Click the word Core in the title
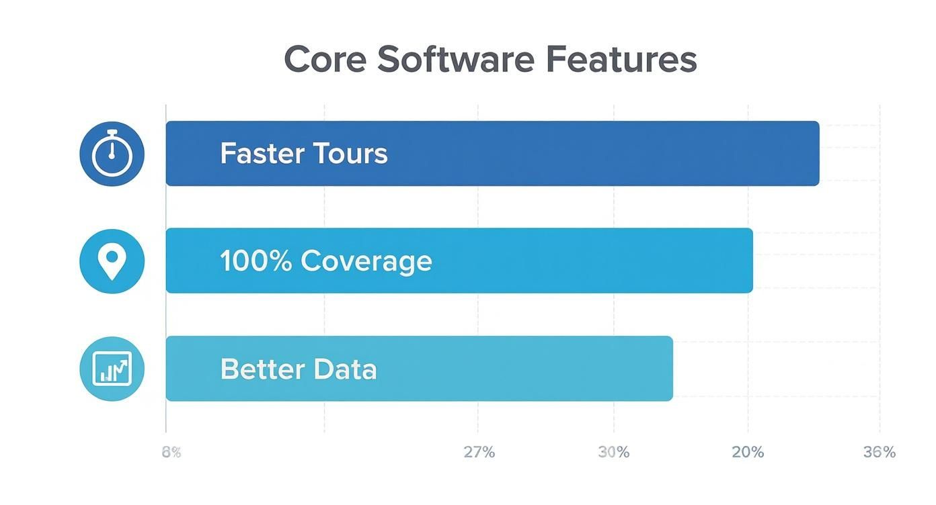pos(325,59)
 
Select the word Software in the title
pos(455,59)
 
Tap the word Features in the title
pos(621,59)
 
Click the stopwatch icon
pos(112,154)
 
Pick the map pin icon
pos(112,261)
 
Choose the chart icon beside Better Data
pos(112,369)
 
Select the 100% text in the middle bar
pos(256,261)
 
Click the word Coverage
pos(366,261)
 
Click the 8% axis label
pos(171,453)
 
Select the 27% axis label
pos(479,453)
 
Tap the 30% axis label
pos(613,453)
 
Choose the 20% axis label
pos(748,453)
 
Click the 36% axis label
pos(880,453)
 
